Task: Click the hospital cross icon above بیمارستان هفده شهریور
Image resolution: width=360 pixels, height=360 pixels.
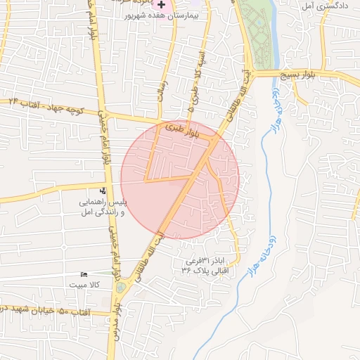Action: [162, 5]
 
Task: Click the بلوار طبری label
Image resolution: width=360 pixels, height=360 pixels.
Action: [184, 129]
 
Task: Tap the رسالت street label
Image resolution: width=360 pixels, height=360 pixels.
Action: [164, 84]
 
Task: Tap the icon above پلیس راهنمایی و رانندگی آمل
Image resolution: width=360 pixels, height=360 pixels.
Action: [103, 191]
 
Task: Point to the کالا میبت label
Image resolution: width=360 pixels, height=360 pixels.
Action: [85, 285]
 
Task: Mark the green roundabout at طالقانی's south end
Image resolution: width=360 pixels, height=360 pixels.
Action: [122, 288]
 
